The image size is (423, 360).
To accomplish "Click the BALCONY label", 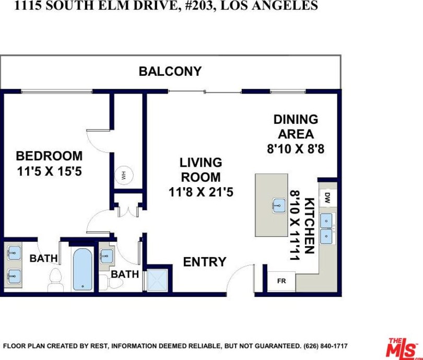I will [170, 72].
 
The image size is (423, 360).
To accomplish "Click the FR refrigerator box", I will [281, 281].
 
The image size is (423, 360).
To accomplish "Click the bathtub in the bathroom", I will [82, 270].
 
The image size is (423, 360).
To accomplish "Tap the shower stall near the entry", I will [156, 280].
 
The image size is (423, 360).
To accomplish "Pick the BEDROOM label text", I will [49, 156].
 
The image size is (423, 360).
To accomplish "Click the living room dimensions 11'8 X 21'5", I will [201, 192].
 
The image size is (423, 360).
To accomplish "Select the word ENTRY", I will [205, 262].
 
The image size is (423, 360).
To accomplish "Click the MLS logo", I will [403, 347].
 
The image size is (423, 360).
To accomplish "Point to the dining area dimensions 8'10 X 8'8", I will [296, 148].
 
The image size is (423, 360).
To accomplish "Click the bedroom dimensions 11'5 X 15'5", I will [49, 170].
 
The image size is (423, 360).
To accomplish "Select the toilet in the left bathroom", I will [54, 281].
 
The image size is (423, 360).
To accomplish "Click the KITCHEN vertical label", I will [309, 225].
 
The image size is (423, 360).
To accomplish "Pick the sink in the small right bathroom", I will [106, 256].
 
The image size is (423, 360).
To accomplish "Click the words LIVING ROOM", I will [201, 170].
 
